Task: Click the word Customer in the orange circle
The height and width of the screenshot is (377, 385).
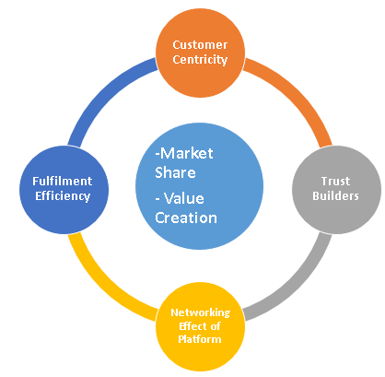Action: pos(200,45)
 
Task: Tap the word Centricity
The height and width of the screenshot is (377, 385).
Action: pos(200,60)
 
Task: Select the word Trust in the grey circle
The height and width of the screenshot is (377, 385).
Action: pos(335,182)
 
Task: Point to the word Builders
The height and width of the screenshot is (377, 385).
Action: pos(335,195)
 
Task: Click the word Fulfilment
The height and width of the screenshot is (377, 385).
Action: pos(63,181)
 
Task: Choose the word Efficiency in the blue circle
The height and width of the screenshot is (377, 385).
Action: pos(63,196)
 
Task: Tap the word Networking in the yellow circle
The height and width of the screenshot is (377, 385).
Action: pos(201,312)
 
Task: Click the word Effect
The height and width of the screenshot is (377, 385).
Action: pos(191,326)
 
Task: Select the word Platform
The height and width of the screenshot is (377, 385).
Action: pos(200,339)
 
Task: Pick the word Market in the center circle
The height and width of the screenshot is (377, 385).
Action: pos(187,153)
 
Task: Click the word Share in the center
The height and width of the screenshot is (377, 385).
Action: pos(175,172)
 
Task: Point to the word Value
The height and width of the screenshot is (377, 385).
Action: pos(184,198)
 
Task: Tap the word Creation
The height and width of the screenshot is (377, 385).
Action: pos(186,218)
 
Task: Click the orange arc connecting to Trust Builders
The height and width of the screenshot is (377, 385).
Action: pos(296,93)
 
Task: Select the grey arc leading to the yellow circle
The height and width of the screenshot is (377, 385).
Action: pos(296,284)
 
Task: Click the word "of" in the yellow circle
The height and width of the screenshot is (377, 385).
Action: pos(216,326)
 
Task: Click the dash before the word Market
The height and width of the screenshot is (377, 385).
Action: pos(157,154)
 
